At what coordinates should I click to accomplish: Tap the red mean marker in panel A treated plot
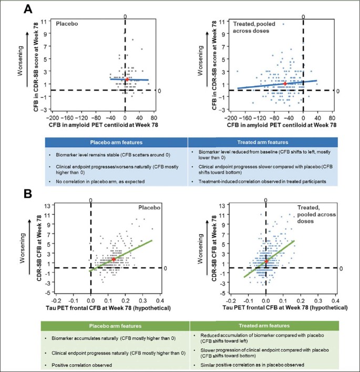click(x=285, y=83)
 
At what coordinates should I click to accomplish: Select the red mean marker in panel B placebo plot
click(x=114, y=259)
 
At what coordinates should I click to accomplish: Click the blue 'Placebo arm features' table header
click(x=116, y=142)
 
